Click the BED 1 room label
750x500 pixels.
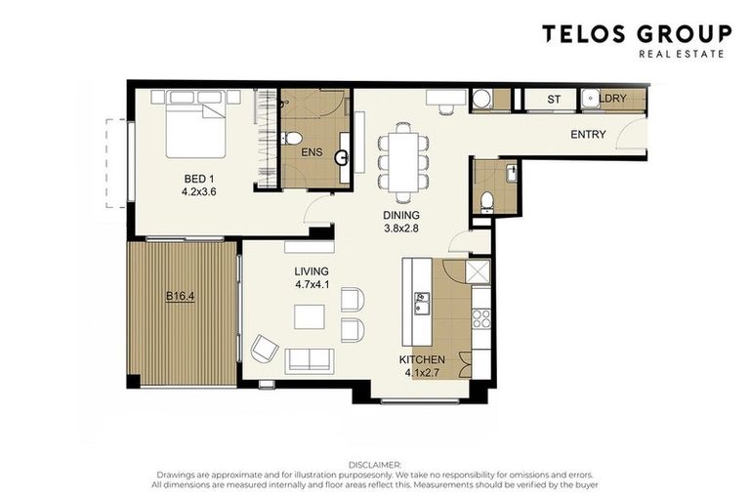coord(197,180)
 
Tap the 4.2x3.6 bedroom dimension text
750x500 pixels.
coord(197,193)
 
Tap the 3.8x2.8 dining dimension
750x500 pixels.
coord(401,229)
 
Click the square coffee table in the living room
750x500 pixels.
coord(311,317)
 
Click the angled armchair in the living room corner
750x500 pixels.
coord(265,348)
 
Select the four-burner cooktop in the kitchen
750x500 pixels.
coord(480,317)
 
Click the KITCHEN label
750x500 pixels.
coord(422,360)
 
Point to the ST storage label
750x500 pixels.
coord(553,100)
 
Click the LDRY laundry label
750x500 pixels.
coord(611,100)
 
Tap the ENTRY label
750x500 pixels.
coord(588,135)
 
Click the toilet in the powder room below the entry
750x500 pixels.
coord(487,201)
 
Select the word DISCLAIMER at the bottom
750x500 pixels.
coord(374,465)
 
